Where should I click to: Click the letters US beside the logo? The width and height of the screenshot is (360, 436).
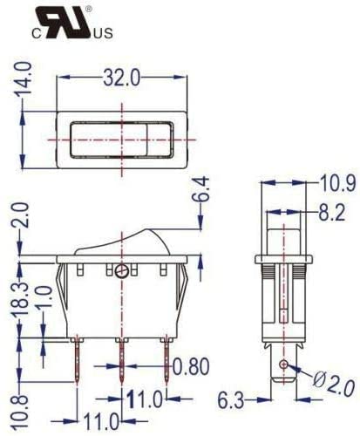[x=103, y=36]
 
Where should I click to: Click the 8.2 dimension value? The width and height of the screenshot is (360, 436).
[x=330, y=211]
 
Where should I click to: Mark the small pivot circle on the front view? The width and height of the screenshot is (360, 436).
[x=121, y=272]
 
